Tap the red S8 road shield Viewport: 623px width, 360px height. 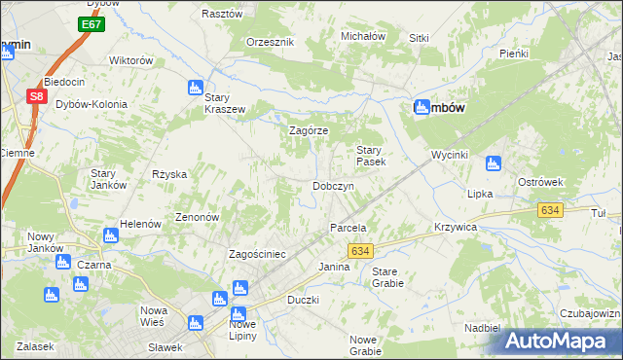[x=36, y=96]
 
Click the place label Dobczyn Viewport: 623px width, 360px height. [x=332, y=186]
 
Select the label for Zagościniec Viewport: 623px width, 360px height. [x=256, y=254]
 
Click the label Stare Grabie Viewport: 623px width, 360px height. [x=387, y=277]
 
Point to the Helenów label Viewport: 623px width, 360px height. [x=140, y=224]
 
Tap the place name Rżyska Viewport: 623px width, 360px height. [x=168, y=174]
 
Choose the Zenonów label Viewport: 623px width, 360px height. [x=197, y=217]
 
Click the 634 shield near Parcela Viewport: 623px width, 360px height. [x=361, y=251]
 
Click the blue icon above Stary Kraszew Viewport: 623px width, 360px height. [x=196, y=87]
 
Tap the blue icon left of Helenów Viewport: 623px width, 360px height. [x=111, y=235]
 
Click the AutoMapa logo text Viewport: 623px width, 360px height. [x=568, y=341]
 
